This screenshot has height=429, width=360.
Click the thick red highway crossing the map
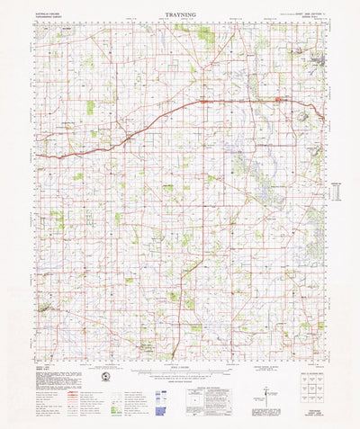tap(162, 113)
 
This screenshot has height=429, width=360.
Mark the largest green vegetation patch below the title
tap(206, 33)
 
